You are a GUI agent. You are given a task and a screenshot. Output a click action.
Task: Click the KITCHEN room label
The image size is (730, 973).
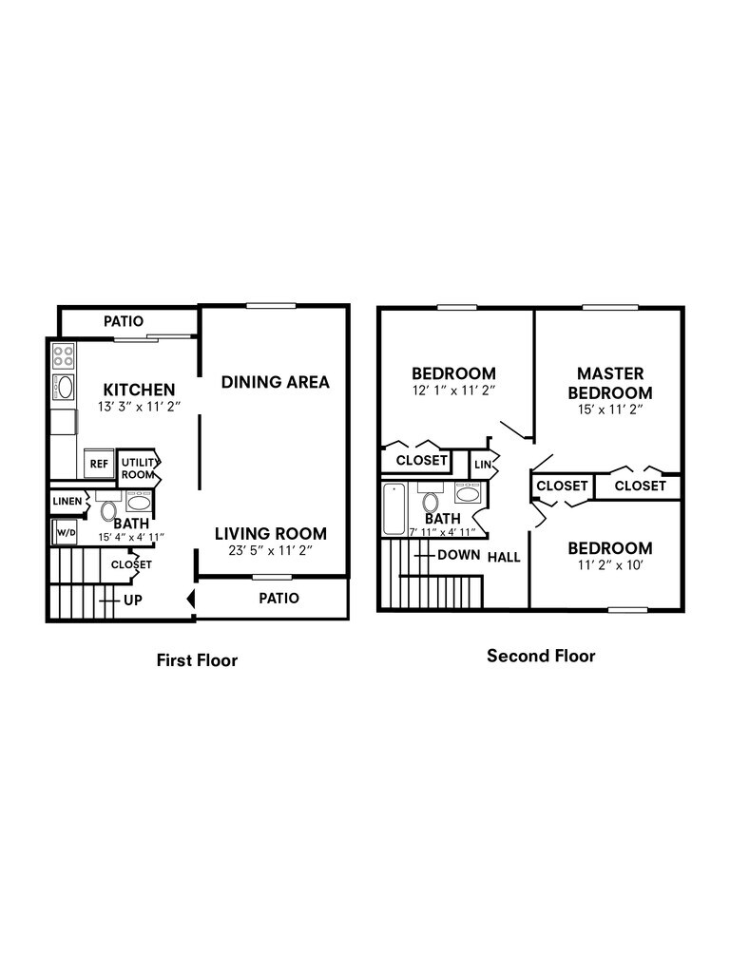pos(139,390)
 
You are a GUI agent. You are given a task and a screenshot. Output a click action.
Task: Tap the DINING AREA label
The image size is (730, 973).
pos(276,382)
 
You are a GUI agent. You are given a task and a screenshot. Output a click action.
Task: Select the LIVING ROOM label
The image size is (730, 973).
pos(270,534)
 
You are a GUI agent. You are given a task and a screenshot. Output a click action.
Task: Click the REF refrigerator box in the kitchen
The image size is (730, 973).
pos(99,463)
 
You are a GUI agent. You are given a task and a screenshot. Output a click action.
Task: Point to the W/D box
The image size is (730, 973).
pos(66,533)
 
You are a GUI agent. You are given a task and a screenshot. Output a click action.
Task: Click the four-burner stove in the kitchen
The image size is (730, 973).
pos(64,356)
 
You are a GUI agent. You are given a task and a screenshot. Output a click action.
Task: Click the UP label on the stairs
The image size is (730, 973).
pos(133,601)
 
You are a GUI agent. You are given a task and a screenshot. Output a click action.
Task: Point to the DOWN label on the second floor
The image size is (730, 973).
pos(458,555)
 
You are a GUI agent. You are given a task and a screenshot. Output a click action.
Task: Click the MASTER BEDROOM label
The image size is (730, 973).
pos(610,383)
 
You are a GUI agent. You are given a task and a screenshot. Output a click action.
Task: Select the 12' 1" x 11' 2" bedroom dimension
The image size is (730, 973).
pos(453,391)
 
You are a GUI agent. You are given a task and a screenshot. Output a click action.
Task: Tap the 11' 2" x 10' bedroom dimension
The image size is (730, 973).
pos(609,566)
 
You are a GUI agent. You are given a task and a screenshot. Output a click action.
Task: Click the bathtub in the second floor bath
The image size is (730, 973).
pos(394,511)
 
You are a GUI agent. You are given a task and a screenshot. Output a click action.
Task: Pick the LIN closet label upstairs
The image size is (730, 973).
pos(482,465)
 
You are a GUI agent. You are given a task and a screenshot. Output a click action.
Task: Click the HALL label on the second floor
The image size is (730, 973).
pos(504,557)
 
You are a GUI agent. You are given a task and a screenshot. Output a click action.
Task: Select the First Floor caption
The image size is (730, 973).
pos(197,660)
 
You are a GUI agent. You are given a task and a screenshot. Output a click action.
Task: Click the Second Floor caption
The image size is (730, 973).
pos(541,656)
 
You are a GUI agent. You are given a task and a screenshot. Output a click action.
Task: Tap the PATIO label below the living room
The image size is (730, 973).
pos(279,599)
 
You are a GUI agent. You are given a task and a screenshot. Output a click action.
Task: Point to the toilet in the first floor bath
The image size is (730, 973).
pos(108,511)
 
